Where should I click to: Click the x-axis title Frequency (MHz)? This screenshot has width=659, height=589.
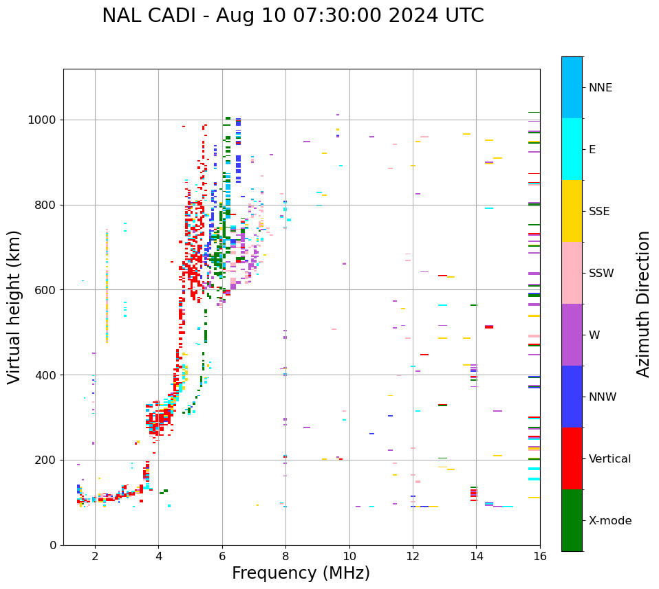[x=301, y=573]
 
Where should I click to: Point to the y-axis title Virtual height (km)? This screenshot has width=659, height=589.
[x=15, y=307]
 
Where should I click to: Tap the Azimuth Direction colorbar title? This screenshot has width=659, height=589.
[x=643, y=304]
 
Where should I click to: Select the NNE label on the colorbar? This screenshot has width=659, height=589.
[x=601, y=88]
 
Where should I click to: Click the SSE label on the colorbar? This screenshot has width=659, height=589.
[x=599, y=212]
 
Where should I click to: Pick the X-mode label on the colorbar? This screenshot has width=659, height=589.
[x=610, y=521]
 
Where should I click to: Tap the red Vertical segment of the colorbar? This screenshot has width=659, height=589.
[x=572, y=458]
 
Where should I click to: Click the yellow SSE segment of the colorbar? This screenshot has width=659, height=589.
[x=572, y=211]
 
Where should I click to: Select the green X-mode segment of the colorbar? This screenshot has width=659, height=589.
[x=572, y=520]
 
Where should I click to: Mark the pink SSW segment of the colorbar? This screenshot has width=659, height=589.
[x=572, y=273]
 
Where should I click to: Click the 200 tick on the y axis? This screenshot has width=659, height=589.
[x=46, y=460]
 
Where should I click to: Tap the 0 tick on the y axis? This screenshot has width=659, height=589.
[x=53, y=545]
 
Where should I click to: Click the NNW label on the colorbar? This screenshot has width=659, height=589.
[x=603, y=397]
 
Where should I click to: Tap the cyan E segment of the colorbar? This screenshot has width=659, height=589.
[x=572, y=149]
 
